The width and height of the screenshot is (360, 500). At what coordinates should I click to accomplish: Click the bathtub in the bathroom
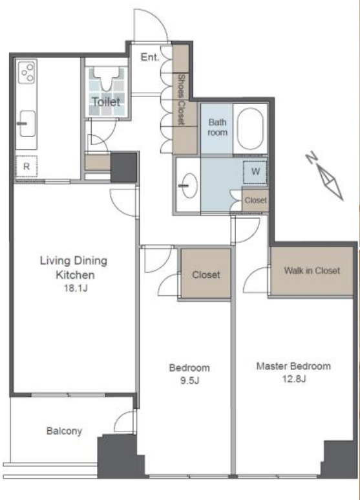[250, 129]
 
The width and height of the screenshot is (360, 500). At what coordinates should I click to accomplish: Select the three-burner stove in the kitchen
[26, 72]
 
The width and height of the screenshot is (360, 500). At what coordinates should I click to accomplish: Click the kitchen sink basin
[27, 123]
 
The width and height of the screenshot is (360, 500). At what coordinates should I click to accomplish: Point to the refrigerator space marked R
[26, 166]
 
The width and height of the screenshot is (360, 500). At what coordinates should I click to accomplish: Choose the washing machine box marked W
[255, 172]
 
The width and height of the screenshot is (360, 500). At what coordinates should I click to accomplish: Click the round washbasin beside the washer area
[188, 186]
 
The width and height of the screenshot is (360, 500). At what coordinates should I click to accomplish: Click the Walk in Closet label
[312, 271]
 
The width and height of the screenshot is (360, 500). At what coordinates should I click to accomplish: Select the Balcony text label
[65, 431]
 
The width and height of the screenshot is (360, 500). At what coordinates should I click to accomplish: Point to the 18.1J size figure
[76, 288]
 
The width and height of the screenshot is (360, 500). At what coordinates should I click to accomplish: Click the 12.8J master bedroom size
[294, 379]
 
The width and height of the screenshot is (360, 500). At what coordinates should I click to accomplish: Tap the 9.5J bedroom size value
[189, 380]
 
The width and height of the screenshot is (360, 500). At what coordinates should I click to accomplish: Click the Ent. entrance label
[150, 58]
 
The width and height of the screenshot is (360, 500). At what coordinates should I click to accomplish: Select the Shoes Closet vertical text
[181, 100]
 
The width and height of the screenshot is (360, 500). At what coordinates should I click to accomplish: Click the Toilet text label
[107, 102]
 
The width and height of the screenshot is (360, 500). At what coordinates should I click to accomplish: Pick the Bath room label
[218, 127]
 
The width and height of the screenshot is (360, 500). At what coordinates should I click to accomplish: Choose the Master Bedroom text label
[293, 366]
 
